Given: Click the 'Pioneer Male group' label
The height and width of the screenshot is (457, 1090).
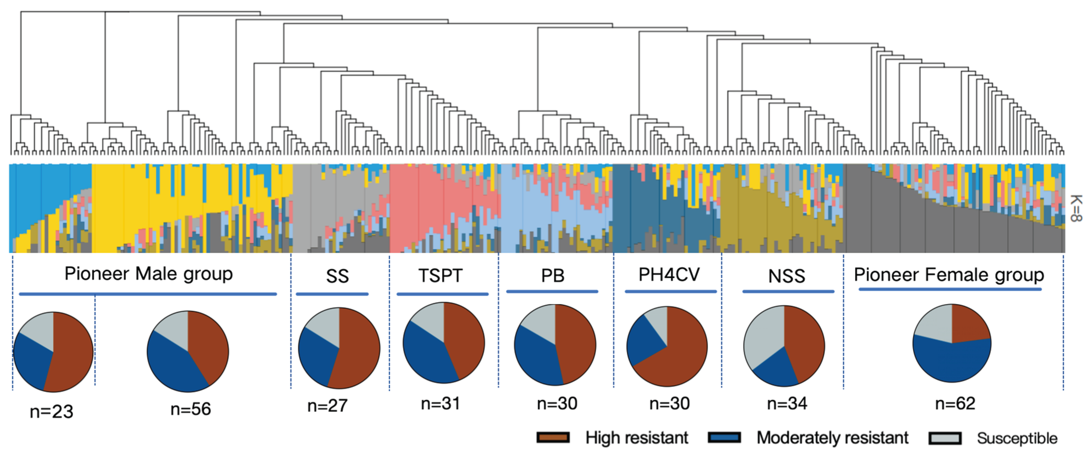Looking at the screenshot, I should (x=149, y=274).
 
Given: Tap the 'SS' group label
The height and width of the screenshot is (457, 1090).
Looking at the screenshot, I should (x=337, y=276).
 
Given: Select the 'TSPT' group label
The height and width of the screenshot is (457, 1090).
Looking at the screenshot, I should (x=441, y=275).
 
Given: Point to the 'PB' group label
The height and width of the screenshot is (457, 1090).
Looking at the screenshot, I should (x=552, y=275).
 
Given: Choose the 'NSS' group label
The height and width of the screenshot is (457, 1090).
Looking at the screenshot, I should (x=787, y=276).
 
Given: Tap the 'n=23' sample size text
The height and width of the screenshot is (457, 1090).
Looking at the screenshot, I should (x=52, y=411).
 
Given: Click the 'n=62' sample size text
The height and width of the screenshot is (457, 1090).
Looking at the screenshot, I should (x=955, y=403).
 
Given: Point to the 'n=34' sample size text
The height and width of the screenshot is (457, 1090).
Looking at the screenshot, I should (x=787, y=403).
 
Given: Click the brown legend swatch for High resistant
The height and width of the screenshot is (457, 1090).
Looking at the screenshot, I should (x=552, y=437).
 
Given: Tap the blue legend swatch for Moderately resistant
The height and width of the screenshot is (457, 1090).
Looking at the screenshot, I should (x=724, y=437).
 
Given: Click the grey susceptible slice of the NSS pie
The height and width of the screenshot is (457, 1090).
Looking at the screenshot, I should (x=762, y=339).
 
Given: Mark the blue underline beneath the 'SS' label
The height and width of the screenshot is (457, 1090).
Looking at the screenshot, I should (x=332, y=294).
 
